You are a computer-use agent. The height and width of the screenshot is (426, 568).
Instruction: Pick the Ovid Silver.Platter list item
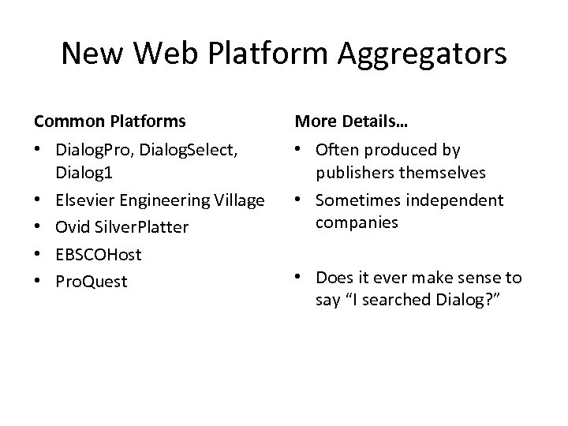[x=122, y=227]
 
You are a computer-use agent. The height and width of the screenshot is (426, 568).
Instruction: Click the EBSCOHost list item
[x=97, y=254]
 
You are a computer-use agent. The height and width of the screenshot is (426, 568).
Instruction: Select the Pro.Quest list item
[x=91, y=281]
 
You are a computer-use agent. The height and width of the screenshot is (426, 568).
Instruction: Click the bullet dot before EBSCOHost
[x=38, y=254]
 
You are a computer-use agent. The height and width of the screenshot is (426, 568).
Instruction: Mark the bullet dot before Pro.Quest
[x=38, y=281]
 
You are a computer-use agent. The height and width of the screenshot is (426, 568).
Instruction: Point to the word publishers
[x=356, y=171]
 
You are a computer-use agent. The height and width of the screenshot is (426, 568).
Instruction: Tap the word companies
[x=354, y=222]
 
